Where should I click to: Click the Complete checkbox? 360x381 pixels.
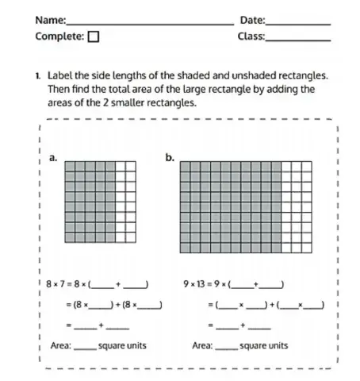coord(94,36)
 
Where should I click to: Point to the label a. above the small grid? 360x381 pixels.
coord(52,157)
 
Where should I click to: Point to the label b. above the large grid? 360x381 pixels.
coord(170,157)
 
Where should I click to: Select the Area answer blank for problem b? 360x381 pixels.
coord(227,348)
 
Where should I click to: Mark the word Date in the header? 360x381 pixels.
coord(250,20)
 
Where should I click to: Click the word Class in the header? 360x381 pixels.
coord(251,37)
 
